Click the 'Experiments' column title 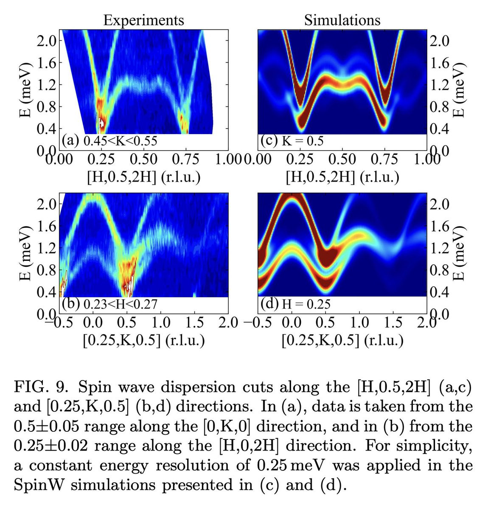click(x=143, y=20)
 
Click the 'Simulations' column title click(x=342, y=20)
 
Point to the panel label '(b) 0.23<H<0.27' click(x=109, y=304)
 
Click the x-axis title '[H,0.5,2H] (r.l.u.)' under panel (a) click(x=143, y=177)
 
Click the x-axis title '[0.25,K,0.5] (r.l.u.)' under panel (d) click(x=342, y=340)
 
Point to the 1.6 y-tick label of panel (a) click(x=47, y=63)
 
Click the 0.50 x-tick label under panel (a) click(x=143, y=159)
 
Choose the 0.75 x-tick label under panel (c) click(x=384, y=159)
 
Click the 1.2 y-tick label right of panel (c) click(x=439, y=84)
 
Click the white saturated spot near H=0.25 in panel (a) click(x=102, y=123)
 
